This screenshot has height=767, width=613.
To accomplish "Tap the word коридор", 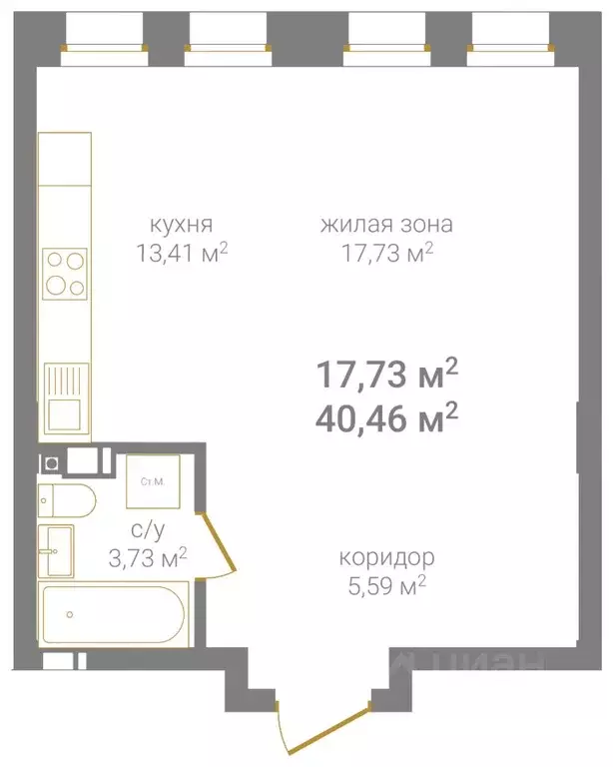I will [x=386, y=557].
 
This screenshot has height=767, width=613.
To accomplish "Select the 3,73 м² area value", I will [x=148, y=558].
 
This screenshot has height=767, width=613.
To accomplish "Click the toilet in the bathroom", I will [x=66, y=498].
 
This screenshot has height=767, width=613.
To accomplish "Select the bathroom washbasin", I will [x=56, y=551].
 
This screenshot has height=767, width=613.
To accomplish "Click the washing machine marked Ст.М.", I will [x=153, y=483].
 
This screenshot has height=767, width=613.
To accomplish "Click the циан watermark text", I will [x=469, y=664].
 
